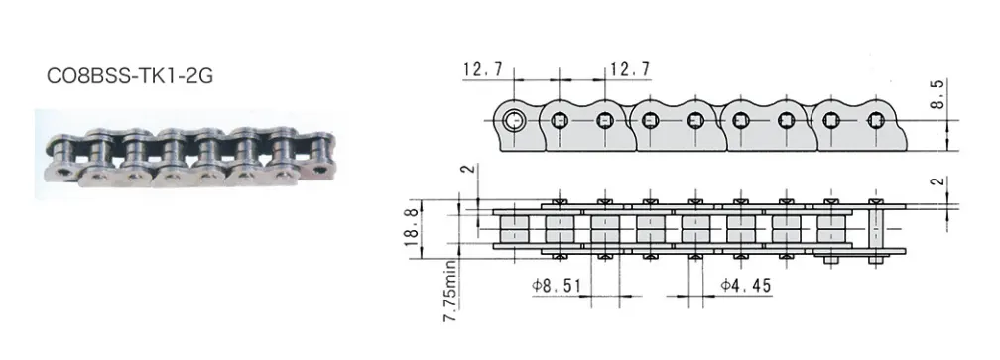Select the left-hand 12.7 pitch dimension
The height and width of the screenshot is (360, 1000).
[x=482, y=69]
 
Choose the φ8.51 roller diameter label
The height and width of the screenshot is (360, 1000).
[x=557, y=286]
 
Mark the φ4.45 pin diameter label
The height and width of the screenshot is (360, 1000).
[x=744, y=286]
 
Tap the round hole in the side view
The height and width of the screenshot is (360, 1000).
[x=513, y=122]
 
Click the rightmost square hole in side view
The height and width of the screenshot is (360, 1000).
[x=874, y=122]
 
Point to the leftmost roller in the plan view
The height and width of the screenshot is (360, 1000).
[x=515, y=230]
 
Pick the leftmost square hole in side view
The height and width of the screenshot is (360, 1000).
[x=559, y=122]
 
